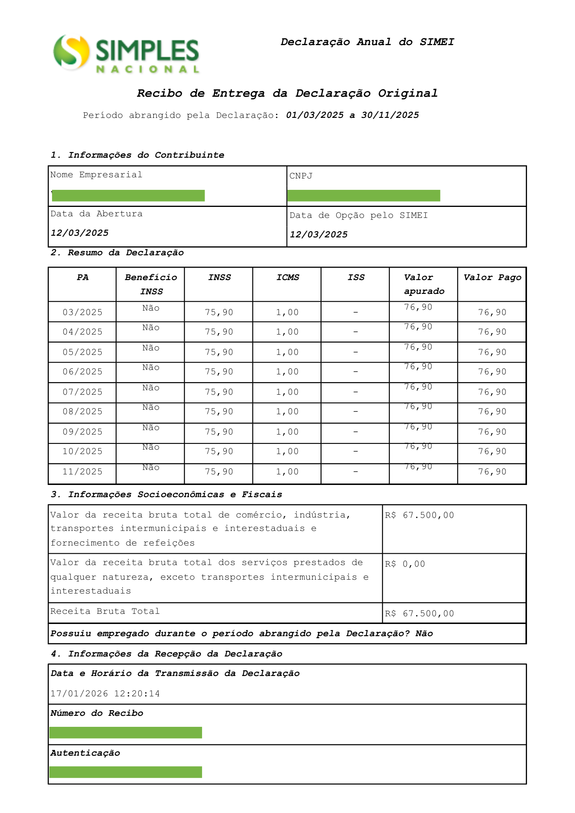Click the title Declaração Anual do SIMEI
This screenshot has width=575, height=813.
click(367, 42)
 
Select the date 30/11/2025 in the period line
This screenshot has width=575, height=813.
click(390, 115)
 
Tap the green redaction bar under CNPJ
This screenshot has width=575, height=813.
click(364, 196)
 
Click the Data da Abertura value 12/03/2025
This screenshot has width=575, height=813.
click(80, 233)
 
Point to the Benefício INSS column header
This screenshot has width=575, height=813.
click(151, 284)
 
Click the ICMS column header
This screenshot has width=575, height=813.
click(287, 277)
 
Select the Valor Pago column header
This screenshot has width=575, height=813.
click(492, 277)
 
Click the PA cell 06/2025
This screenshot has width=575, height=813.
click(83, 372)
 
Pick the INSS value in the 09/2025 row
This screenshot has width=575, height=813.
click(219, 432)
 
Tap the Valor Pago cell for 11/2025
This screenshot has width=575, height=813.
click(492, 472)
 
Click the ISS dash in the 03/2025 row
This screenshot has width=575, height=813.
click(355, 312)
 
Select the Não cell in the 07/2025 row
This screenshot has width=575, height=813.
click(151, 388)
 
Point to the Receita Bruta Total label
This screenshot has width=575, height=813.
click(105, 611)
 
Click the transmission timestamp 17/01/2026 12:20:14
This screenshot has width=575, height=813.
click(105, 693)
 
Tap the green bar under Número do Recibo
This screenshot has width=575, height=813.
click(126, 733)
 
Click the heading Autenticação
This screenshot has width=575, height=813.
click(85, 753)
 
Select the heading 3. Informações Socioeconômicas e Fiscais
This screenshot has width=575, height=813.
click(166, 494)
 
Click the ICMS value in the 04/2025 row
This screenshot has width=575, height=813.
click(287, 332)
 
